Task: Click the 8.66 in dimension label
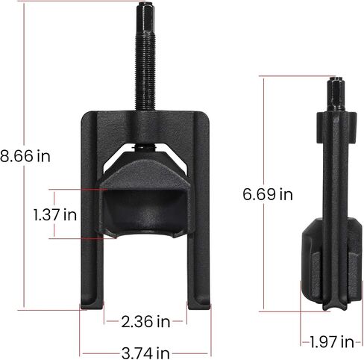(x=25, y=156)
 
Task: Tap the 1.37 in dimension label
(x=55, y=214)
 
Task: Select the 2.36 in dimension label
(x=145, y=321)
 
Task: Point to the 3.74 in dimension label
(x=145, y=353)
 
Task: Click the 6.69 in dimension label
(x=268, y=194)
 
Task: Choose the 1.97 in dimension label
(x=332, y=341)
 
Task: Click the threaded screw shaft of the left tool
(x=145, y=69)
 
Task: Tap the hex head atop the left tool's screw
(x=145, y=16)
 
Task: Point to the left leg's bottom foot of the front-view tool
(x=91, y=304)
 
